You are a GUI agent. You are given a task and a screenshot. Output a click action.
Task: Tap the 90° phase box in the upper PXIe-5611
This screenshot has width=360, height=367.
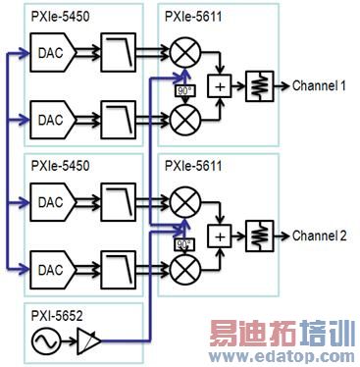point(181,91)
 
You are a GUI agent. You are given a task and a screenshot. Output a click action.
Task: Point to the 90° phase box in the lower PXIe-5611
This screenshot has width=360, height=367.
point(181,243)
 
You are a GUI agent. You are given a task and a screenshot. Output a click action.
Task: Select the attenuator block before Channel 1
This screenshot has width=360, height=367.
point(259,85)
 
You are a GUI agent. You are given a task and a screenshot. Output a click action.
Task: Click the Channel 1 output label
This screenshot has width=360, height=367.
point(319,86)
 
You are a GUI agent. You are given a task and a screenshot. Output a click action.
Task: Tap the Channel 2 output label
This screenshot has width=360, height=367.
point(319,236)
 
